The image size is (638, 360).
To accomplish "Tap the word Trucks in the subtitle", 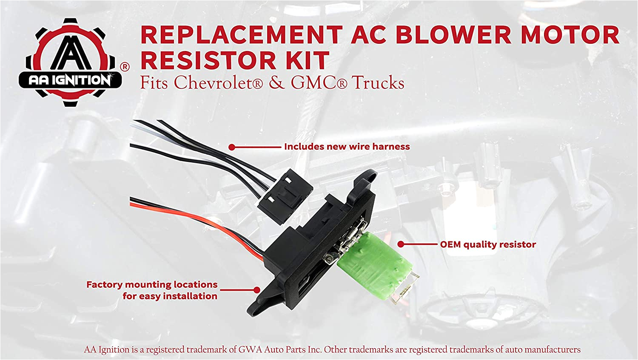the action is [x=378, y=82].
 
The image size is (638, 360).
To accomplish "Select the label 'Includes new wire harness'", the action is [x=347, y=147].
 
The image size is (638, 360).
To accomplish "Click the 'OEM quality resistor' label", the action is [x=488, y=244].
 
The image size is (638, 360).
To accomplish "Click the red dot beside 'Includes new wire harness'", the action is [x=232, y=147].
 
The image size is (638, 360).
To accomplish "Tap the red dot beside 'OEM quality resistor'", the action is [x=401, y=244].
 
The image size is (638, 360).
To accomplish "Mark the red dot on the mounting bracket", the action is [x=256, y=290].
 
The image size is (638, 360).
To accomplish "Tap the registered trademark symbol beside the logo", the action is [x=125, y=67].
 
